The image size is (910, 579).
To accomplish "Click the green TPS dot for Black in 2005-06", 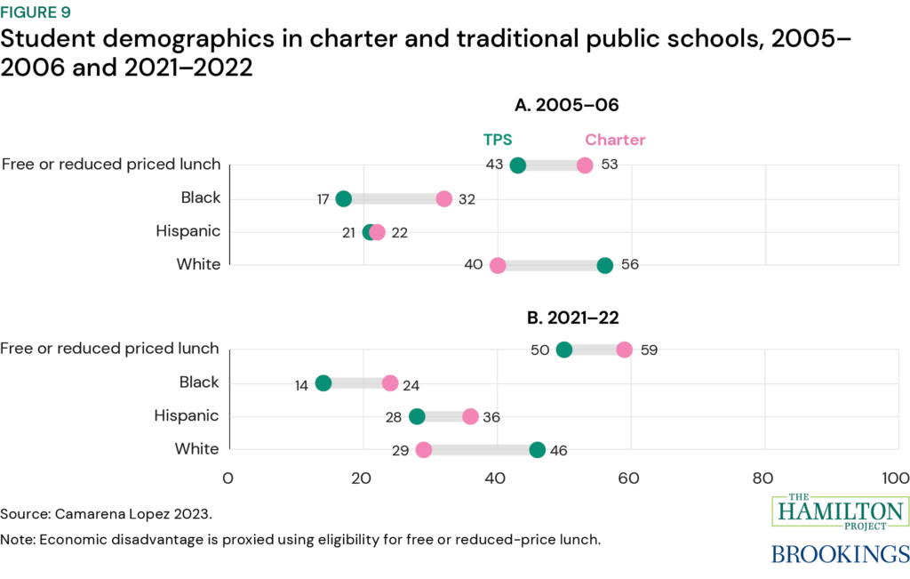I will [x=344, y=198].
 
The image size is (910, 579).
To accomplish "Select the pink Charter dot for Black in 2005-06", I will [x=444, y=198].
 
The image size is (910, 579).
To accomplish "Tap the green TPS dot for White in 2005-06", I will [x=605, y=265].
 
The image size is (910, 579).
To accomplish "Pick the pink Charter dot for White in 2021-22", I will [x=424, y=449].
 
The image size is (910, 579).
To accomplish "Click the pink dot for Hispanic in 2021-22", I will [x=470, y=416].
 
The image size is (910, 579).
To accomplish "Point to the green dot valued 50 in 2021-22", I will [x=563, y=350].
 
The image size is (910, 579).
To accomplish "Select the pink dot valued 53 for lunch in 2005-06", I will [x=585, y=165].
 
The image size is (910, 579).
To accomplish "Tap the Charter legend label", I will [x=615, y=140].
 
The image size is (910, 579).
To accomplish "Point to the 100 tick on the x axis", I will [x=893, y=478].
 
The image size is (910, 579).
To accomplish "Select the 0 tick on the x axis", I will [x=229, y=478].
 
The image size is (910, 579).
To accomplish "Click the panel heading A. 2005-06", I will [x=566, y=105].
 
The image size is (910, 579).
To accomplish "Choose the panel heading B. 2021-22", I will [x=566, y=317].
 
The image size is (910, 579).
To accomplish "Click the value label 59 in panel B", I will [x=648, y=350].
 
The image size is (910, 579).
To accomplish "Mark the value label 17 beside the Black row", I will [x=324, y=198].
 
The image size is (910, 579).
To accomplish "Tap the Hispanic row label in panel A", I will [x=188, y=231].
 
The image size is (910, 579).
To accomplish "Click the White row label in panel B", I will [x=198, y=449].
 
